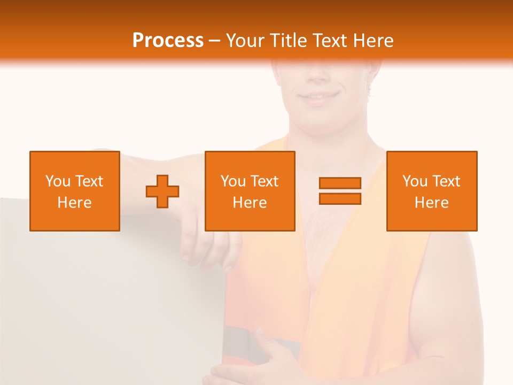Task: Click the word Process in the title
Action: click(x=168, y=41)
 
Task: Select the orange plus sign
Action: click(x=162, y=191)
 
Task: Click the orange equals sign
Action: click(x=340, y=191)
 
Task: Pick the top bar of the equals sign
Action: click(x=340, y=183)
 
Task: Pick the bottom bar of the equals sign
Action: click(x=340, y=198)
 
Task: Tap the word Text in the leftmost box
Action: click(x=89, y=181)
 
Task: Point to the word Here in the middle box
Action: click(x=250, y=203)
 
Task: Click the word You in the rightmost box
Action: click(x=415, y=181)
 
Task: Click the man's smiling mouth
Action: click(x=320, y=97)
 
